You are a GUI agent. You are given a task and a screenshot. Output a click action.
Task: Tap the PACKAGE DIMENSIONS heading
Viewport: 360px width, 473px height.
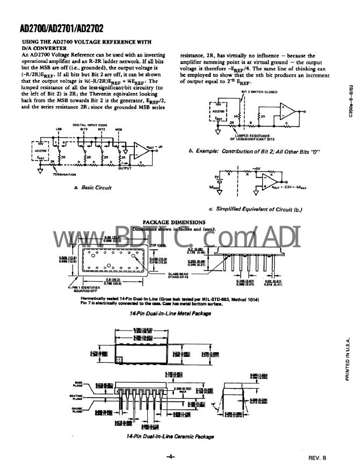[174, 222]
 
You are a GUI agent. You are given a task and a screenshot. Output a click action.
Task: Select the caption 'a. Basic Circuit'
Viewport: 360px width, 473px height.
[92, 187]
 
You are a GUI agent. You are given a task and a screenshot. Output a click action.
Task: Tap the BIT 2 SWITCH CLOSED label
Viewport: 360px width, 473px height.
[260, 92]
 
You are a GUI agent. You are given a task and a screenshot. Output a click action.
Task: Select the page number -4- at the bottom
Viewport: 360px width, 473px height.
[171, 457]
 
